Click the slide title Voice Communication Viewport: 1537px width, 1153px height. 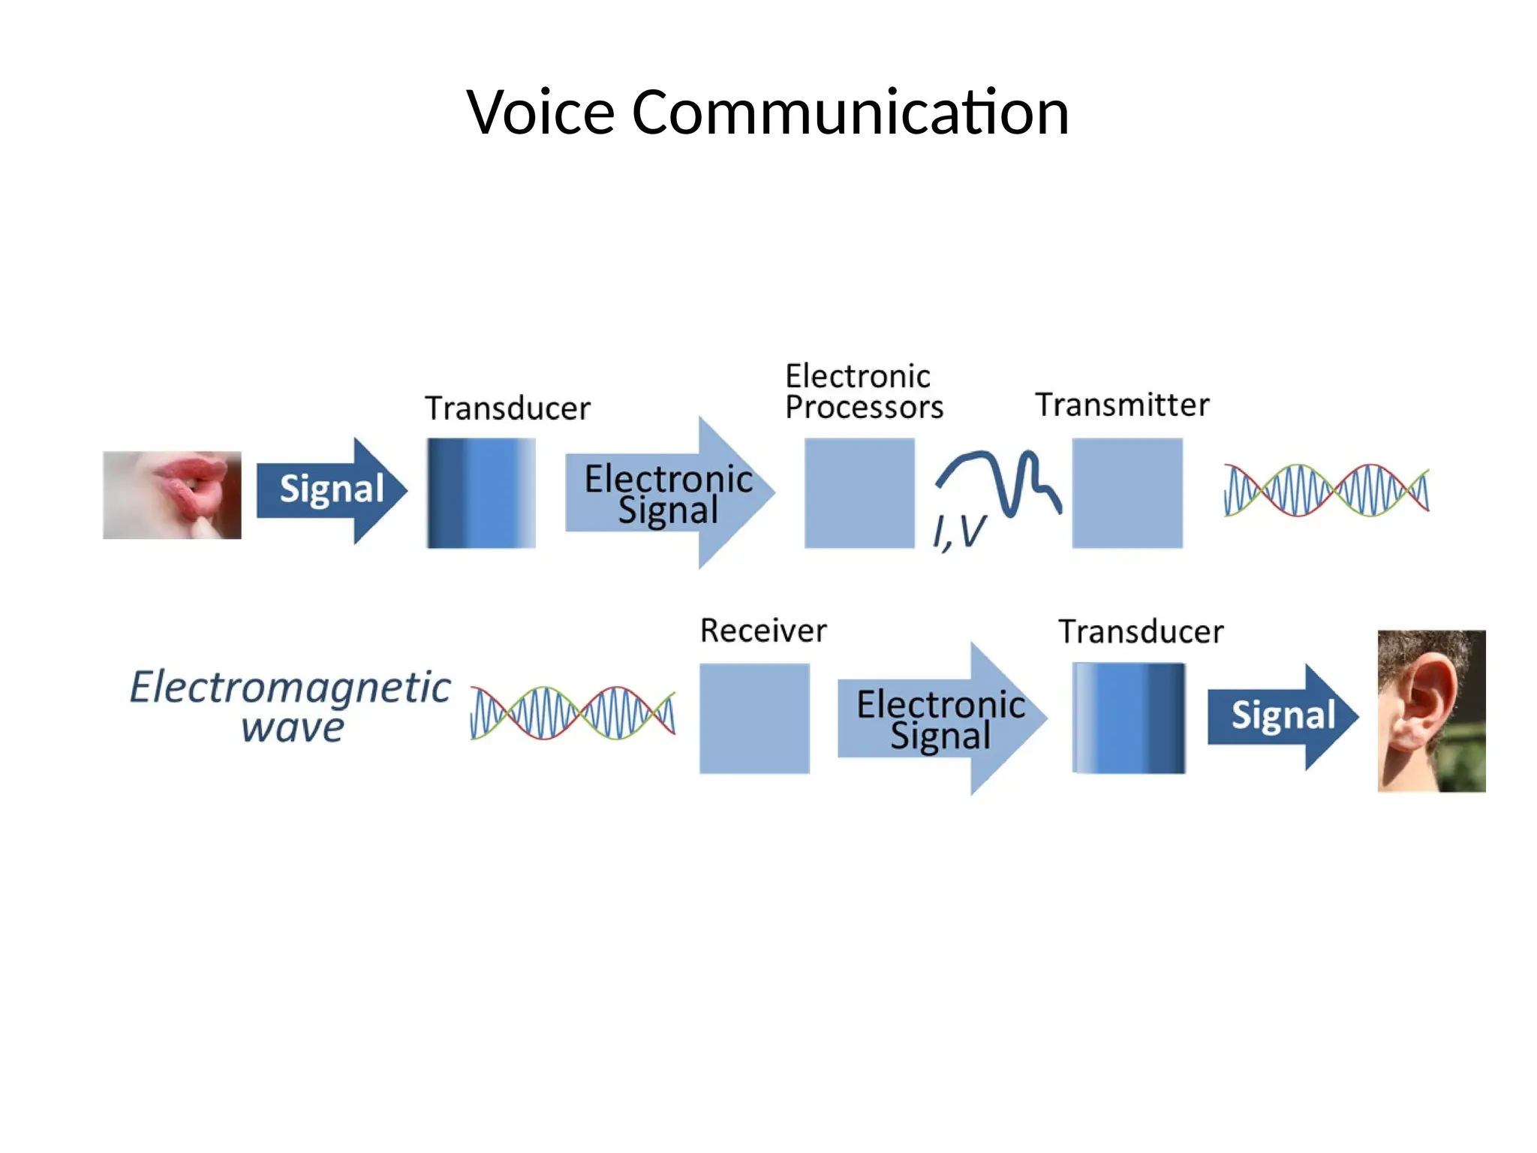[767, 112]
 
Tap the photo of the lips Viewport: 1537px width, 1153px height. [172, 495]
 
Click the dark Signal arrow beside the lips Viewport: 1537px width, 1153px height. [330, 490]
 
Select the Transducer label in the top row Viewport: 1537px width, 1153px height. [507, 408]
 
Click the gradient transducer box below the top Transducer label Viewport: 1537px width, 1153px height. [481, 493]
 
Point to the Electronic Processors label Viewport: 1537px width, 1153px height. [863, 392]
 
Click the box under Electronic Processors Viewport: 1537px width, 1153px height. [859, 493]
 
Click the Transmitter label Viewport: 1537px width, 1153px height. [1122, 405]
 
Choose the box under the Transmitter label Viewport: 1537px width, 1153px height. [1127, 493]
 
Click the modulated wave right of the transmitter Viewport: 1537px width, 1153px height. [1326, 490]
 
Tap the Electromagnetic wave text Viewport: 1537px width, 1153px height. [290, 706]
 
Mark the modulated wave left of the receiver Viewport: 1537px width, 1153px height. [573, 713]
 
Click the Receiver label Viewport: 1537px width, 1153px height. [763, 631]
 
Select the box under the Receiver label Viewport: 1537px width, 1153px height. [754, 718]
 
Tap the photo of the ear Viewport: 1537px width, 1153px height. [1431, 711]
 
